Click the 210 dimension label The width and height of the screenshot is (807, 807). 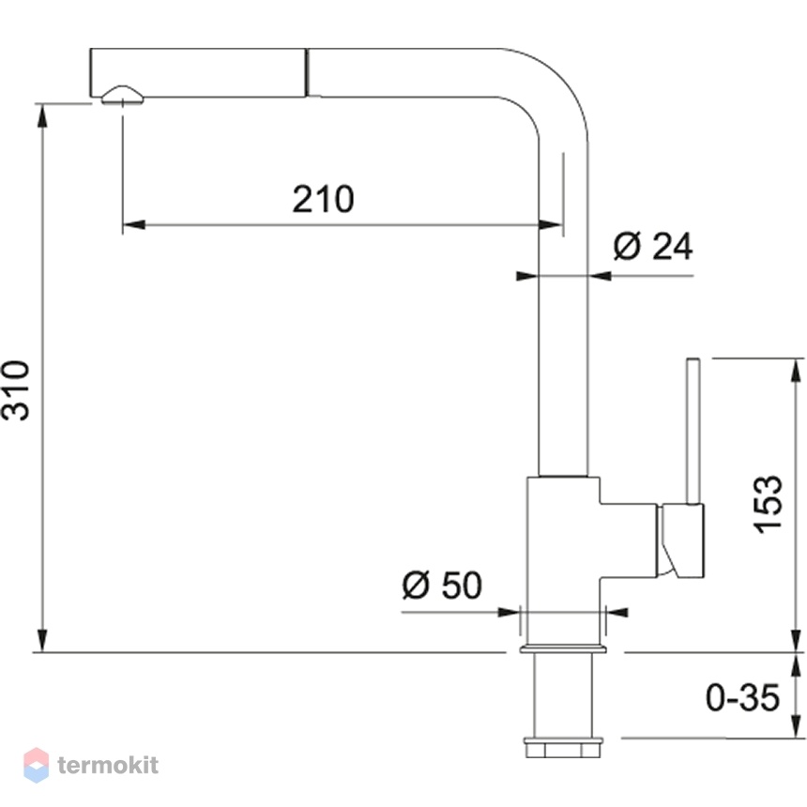(x=323, y=199)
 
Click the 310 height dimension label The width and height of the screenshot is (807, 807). (x=16, y=390)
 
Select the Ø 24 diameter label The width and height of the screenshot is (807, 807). (x=653, y=246)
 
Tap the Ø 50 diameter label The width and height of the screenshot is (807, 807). (x=442, y=585)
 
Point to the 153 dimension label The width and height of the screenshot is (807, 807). (x=767, y=505)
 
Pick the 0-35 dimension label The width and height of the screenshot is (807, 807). (x=742, y=698)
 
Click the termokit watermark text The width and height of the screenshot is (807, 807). (x=108, y=765)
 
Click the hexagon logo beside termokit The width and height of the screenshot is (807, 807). (x=36, y=765)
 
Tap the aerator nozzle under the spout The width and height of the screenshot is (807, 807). (x=123, y=96)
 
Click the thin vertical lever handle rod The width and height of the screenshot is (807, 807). (x=693, y=431)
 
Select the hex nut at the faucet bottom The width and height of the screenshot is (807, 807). (x=563, y=748)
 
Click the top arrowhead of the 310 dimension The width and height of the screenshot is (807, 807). (x=43, y=115)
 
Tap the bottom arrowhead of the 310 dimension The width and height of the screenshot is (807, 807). (x=43, y=641)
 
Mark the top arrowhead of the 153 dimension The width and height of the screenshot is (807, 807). (x=797, y=370)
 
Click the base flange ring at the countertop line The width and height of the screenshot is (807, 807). (x=563, y=649)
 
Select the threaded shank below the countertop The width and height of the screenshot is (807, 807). (x=563, y=695)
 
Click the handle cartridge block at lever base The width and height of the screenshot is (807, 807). (x=680, y=541)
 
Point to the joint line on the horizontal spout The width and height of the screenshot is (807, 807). (x=307, y=72)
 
